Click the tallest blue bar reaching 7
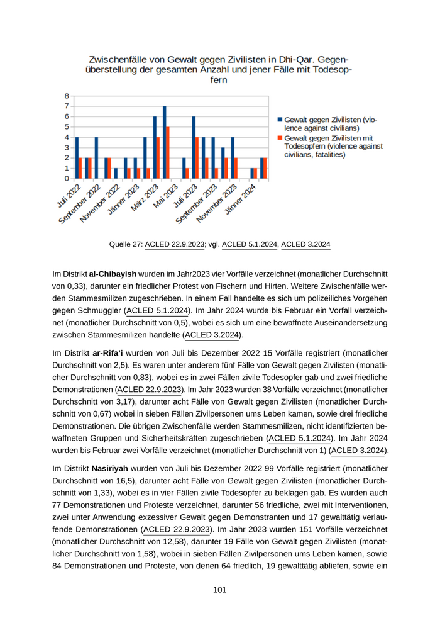pyautogui.click(x=165, y=142)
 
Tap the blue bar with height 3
pyautogui.click(x=223, y=162)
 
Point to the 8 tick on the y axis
pyautogui.click(x=66, y=96)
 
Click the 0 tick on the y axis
pyautogui.click(x=66, y=178)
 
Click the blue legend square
pyautogui.click(x=280, y=119)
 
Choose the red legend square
pyautogui.click(x=280, y=138)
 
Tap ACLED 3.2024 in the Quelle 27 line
pyautogui.click(x=305, y=244)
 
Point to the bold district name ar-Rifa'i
pyautogui.click(x=109, y=354)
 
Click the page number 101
pyautogui.click(x=219, y=590)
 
